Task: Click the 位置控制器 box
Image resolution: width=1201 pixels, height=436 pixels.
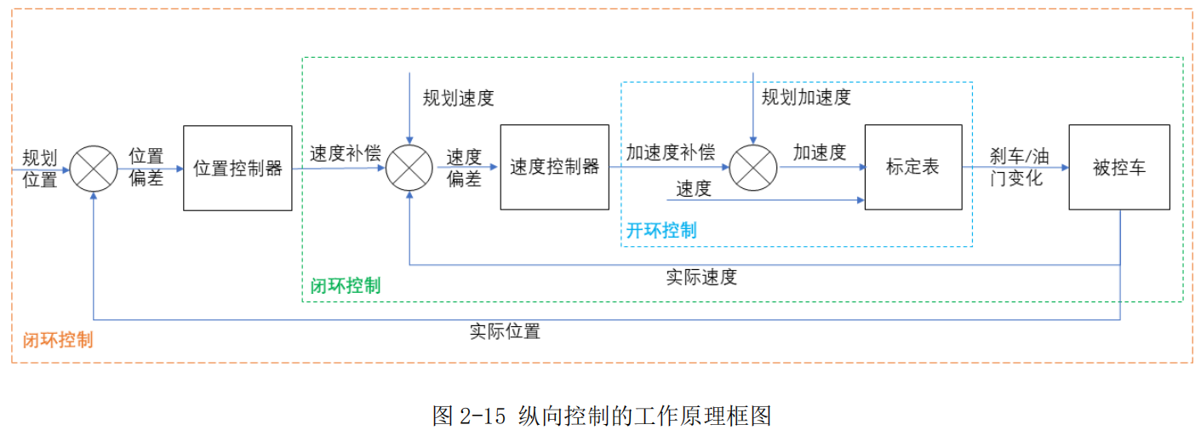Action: (237, 168)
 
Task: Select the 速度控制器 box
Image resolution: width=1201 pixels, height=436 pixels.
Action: (554, 167)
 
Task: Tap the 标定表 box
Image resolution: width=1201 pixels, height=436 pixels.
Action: (912, 167)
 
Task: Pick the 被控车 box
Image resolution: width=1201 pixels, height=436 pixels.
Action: (1118, 167)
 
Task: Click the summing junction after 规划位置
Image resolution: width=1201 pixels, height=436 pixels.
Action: (94, 168)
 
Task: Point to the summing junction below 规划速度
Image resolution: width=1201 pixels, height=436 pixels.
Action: (409, 168)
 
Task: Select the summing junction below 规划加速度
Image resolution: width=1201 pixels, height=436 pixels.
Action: (753, 167)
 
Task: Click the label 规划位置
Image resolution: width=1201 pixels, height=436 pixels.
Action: (40, 168)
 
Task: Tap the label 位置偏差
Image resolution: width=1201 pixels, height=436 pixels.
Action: (146, 168)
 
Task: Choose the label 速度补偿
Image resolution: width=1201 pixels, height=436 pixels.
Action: (345, 153)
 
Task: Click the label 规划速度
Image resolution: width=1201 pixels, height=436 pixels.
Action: (458, 98)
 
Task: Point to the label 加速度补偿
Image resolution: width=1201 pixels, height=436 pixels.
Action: (671, 152)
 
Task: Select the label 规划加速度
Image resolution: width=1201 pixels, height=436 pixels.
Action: (805, 97)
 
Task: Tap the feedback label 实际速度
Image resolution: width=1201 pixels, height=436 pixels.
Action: (701, 277)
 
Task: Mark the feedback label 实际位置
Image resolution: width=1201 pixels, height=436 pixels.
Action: (505, 331)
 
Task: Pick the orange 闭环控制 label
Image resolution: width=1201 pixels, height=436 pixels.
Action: (57, 340)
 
